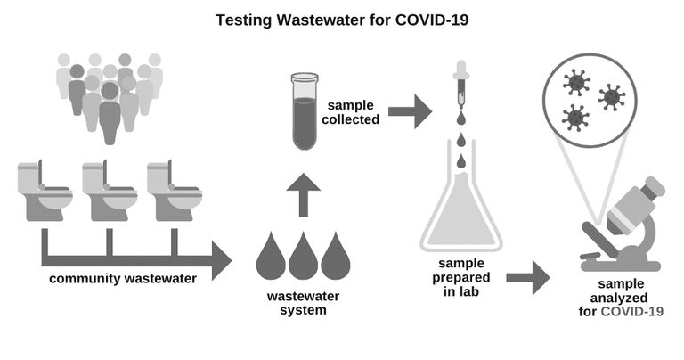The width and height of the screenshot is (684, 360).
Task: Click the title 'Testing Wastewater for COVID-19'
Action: pos(342,20)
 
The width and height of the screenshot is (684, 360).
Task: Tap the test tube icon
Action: pos(305,111)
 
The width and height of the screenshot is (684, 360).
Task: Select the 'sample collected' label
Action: pos(351,112)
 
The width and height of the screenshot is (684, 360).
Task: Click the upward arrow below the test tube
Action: pos(304,194)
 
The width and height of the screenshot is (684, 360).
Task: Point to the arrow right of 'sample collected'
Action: pos(410,111)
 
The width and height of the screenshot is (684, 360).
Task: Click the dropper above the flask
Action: pos(461,85)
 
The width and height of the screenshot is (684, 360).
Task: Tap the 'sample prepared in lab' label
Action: pos(461,277)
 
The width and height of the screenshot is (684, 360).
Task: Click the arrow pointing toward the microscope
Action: pos(528,277)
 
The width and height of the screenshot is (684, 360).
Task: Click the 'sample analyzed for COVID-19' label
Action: pos(621,298)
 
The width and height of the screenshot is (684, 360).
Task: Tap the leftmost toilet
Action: pos(45,191)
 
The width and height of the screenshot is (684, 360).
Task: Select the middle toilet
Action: pos(110,191)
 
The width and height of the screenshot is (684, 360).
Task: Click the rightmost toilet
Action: pos(174,191)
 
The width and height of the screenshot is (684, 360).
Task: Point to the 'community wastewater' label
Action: pos(123,278)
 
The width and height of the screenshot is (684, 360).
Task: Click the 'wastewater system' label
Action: pos(303,303)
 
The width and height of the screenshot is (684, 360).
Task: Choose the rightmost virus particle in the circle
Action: pos(612,98)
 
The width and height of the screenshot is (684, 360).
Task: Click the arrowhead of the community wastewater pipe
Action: pos(222,260)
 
